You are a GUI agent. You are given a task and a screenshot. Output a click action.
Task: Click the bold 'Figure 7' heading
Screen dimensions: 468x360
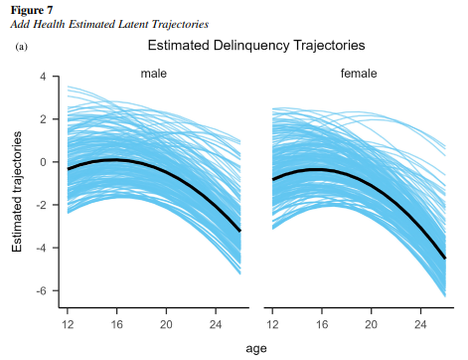32,10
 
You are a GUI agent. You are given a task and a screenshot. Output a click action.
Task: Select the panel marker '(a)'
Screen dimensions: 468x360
22,47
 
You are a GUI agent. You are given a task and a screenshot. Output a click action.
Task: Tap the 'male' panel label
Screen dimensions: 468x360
154,74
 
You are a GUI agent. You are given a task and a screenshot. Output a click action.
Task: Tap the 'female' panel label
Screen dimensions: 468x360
359,73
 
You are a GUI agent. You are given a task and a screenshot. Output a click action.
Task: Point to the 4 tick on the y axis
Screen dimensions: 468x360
43,77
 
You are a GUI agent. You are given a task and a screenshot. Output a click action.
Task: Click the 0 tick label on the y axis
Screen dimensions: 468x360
43,162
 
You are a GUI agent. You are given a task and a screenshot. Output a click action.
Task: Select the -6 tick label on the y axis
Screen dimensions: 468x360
41,290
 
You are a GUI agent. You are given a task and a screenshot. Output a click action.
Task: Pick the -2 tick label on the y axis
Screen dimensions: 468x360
41,205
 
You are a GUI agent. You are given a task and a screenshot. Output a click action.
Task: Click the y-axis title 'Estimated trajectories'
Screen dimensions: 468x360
17,192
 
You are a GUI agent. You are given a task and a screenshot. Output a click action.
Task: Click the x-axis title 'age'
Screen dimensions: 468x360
256,349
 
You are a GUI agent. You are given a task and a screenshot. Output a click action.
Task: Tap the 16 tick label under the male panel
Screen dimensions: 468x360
116,324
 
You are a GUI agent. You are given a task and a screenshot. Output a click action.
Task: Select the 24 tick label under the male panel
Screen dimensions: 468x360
216,324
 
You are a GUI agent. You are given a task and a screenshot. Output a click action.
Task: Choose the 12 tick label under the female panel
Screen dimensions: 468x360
272,324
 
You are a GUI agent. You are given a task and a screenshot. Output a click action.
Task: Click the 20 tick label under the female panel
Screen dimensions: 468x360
371,324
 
